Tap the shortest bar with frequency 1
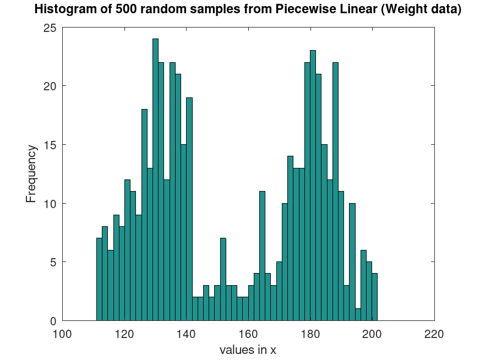point(358,314)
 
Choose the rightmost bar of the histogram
point(374,297)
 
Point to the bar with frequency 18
point(144,215)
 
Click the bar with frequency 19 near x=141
point(189,209)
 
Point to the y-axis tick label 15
point(50,145)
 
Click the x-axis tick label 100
point(62,333)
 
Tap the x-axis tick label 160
point(248,333)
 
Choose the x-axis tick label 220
point(434,333)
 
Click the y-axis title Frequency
point(31,174)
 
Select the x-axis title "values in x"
point(248,350)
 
